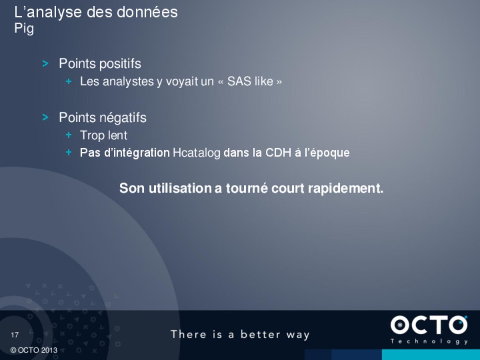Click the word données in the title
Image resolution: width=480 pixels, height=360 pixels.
point(147,12)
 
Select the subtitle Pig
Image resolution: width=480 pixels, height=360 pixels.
point(24,28)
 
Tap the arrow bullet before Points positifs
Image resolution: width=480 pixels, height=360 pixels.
point(45,64)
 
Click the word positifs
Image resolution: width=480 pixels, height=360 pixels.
point(120,64)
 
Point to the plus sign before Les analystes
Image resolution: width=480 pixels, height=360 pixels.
point(69,81)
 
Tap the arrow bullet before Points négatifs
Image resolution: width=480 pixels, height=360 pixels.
point(45,117)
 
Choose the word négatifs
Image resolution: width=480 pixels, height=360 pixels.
point(123,118)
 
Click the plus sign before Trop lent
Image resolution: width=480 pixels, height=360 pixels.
point(69,135)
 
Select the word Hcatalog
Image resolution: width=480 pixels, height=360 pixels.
point(197,153)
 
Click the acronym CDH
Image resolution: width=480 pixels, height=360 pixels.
point(278,152)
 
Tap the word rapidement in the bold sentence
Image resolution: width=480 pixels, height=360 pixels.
point(346,188)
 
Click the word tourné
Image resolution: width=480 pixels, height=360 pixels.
point(247,188)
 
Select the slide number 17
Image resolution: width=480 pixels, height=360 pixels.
point(15,335)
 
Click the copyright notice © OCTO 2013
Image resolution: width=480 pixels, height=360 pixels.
point(34,350)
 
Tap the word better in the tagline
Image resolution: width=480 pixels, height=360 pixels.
point(260,334)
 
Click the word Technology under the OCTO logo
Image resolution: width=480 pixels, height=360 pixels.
point(429,341)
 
